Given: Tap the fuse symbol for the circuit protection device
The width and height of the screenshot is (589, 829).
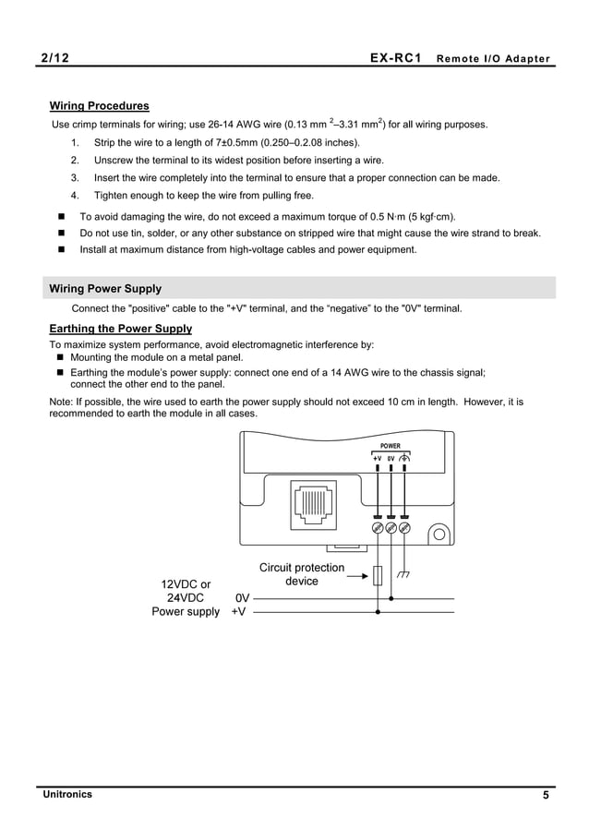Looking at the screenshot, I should point(379,576).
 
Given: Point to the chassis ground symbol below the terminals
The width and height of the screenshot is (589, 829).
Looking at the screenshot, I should point(403,575).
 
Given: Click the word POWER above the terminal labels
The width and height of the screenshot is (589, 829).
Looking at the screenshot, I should point(391,446).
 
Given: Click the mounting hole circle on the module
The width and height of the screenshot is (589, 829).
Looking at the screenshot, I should point(439,534).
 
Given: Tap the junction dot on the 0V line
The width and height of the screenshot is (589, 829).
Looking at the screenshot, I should point(391,598).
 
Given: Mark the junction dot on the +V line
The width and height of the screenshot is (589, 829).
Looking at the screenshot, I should point(379,611).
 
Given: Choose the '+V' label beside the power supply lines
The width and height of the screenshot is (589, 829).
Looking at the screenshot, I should point(238,611).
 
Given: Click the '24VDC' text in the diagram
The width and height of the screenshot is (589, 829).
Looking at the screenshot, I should point(186,597).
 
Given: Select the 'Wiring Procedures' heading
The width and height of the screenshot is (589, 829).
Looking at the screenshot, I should point(99,106).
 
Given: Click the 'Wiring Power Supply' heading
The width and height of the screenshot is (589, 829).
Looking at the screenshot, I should point(104,289).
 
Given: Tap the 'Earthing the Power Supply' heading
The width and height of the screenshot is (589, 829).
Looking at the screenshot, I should point(120,329).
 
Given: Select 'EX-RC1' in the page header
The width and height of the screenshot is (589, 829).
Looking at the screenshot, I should point(396,58).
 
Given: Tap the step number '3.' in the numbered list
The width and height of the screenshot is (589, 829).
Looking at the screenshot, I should point(75,177).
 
